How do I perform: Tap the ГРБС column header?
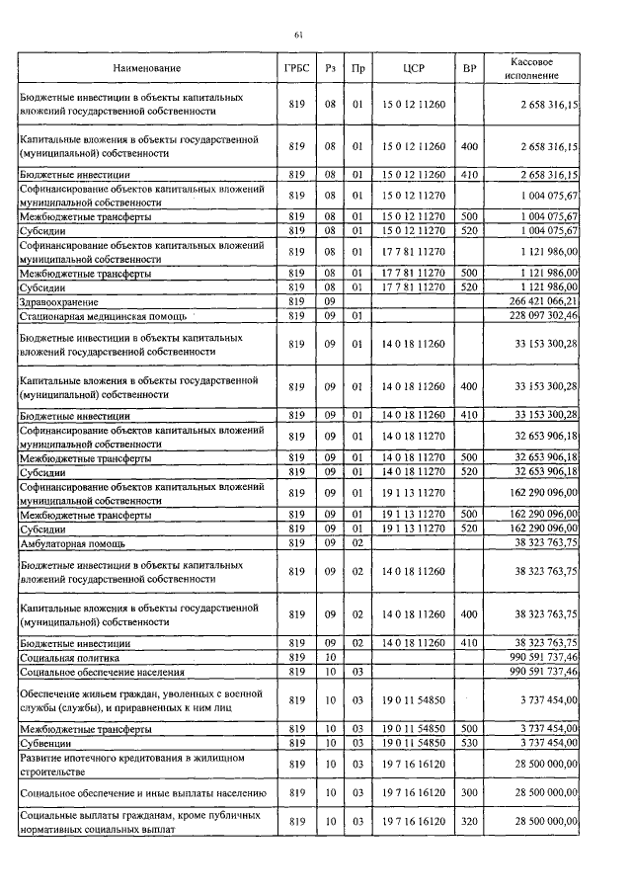click(x=295, y=68)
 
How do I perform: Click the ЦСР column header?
click(x=414, y=68)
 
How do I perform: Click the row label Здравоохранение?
click(x=60, y=301)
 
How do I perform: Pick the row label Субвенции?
click(x=46, y=742)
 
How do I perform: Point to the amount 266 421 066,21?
click(x=543, y=301)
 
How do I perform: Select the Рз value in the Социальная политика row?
click(x=331, y=656)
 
